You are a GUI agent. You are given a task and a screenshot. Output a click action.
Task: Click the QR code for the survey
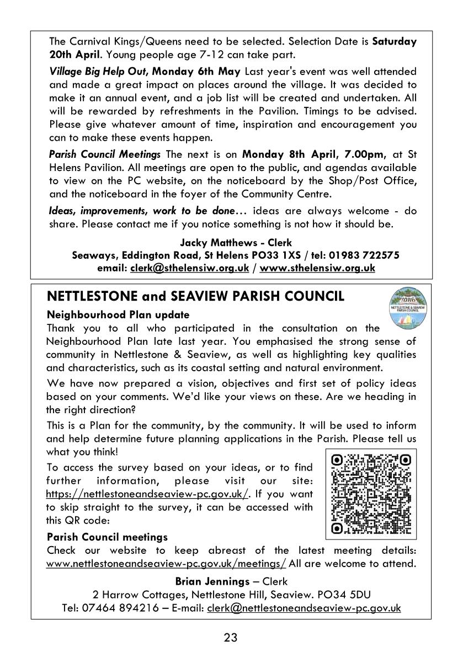(x=371, y=494)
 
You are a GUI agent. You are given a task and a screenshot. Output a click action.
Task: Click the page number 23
(x=231, y=638)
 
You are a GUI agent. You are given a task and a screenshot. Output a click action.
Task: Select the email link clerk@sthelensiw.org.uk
(x=190, y=268)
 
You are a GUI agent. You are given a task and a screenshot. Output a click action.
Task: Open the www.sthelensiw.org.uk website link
(x=317, y=268)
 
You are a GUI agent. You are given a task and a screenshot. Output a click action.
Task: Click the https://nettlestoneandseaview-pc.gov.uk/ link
(x=147, y=494)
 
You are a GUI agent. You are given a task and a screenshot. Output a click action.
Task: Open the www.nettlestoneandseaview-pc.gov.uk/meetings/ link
(x=166, y=563)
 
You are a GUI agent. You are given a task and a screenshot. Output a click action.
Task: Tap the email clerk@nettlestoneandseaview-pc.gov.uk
(x=304, y=608)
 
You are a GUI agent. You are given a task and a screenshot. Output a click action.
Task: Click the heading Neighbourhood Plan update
(x=118, y=315)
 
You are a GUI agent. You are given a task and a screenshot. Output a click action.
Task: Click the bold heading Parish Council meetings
(x=107, y=537)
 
